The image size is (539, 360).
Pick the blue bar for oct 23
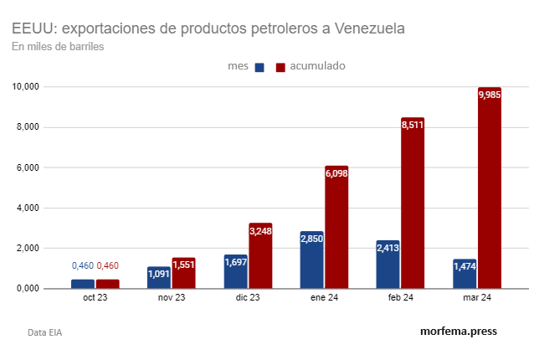coord(83,284)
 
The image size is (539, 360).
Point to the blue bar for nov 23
coord(159,277)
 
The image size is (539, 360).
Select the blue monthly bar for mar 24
coord(465,274)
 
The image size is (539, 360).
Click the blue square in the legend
coord(259,67)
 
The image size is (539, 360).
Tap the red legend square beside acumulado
coord(280,67)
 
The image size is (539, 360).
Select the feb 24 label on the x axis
coord(401,298)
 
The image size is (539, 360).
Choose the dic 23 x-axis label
coord(248,298)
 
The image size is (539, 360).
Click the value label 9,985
coord(490,95)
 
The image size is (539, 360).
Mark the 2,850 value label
coord(311,239)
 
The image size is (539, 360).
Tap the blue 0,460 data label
coord(83,266)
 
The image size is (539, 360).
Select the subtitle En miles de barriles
coord(58,46)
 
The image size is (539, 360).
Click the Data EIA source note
coord(44,332)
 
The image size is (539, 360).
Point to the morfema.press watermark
coord(458,331)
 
